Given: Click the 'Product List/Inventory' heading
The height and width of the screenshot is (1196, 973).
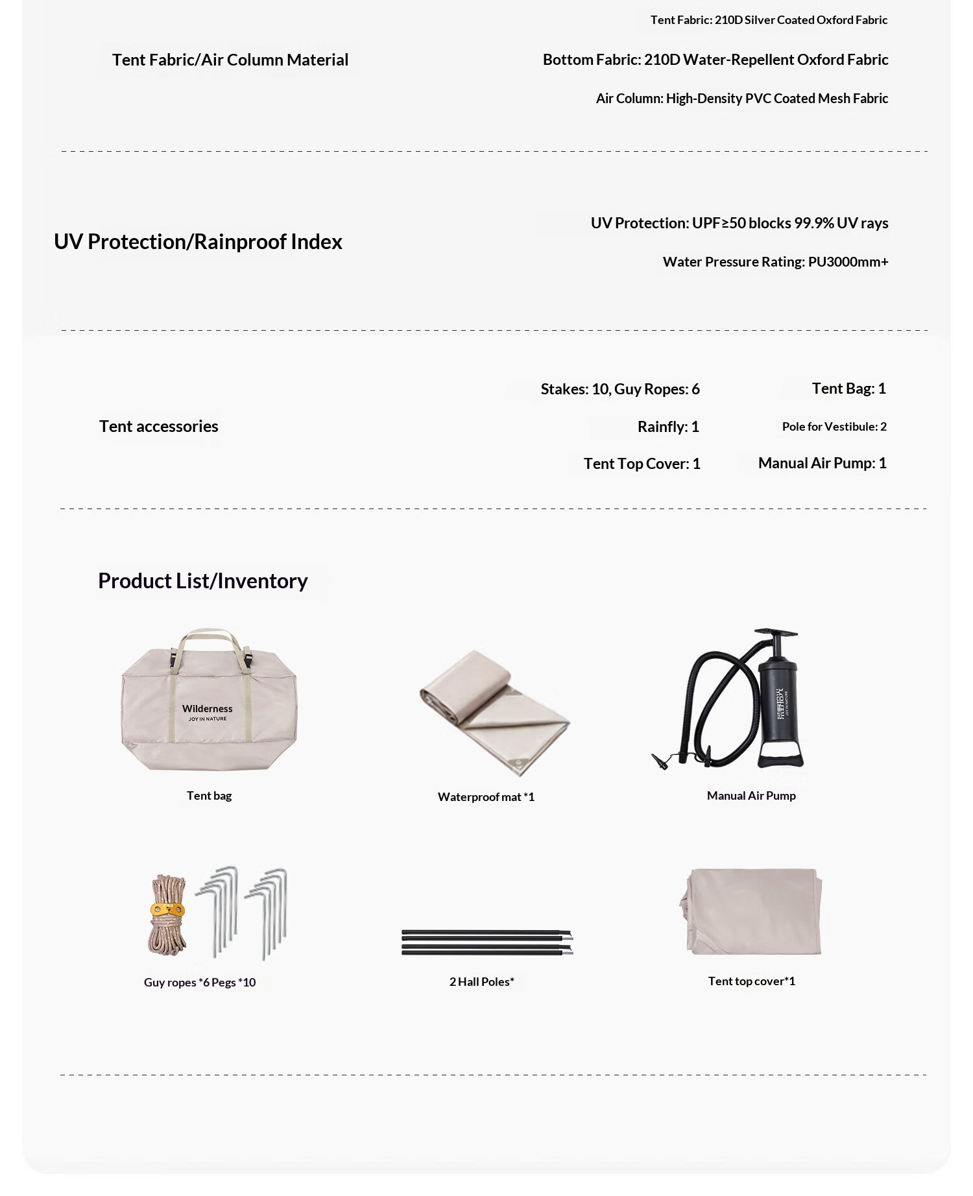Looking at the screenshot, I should point(202,580).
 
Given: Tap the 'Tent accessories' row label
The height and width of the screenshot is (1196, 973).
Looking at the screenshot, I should point(158,426).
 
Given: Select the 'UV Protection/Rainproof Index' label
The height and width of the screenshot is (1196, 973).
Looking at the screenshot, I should point(198,241).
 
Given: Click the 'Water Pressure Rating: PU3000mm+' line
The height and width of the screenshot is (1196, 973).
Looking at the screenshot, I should point(775,262).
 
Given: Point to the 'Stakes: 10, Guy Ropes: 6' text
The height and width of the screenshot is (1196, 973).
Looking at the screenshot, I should point(620,389).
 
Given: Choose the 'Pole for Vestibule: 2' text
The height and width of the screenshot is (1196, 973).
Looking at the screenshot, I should point(834,427).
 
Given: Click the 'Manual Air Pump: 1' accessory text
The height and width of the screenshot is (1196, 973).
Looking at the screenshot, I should point(822,463).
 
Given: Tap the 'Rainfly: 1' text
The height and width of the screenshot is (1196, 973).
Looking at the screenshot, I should point(668,427).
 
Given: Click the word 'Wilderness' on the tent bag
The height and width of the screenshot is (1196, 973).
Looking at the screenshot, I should point(207,709).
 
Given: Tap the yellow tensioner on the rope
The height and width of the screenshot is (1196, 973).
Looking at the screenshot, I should point(167,910).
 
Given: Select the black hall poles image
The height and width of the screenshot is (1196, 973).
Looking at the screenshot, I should point(486,942).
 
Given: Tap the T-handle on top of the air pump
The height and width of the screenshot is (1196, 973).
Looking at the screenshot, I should point(776,633).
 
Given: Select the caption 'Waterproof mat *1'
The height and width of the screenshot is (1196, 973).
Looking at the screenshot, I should point(486,797).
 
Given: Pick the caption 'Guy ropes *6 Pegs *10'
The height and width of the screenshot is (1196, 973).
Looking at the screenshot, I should point(200,983).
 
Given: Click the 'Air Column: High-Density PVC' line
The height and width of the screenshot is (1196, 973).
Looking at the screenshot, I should point(741,99).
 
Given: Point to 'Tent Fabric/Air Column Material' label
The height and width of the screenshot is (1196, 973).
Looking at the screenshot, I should point(230,60).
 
